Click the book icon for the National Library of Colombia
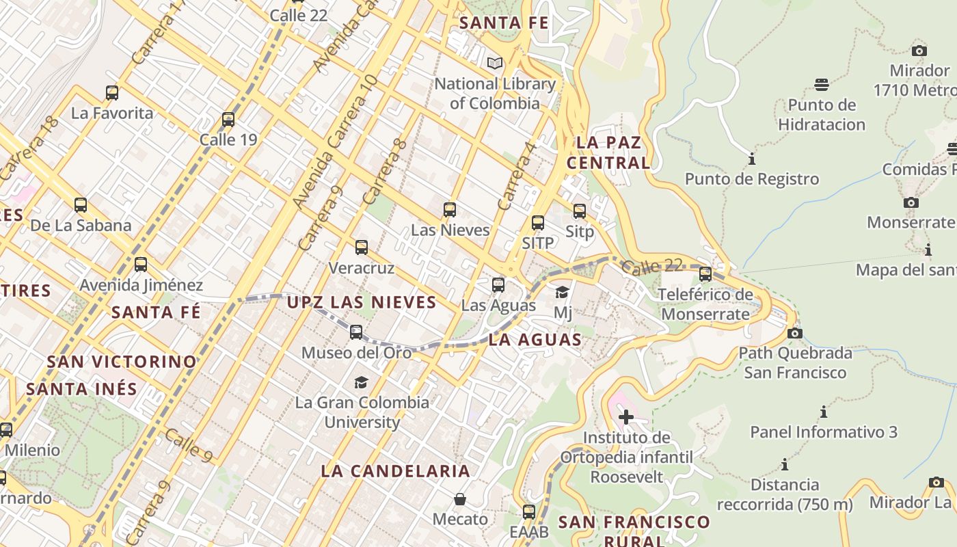tap(495, 64)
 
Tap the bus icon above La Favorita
tap(112, 92)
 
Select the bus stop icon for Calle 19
tap(228, 120)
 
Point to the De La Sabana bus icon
tap(81, 204)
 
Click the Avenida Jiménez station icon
tap(141, 264)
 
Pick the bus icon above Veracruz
tap(362, 247)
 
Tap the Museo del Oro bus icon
tap(356, 332)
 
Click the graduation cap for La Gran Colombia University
tap(361, 382)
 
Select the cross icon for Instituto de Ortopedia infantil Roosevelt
tap(626, 416)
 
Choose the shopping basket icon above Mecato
tap(460, 499)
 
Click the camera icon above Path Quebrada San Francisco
tap(795, 333)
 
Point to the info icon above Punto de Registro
tap(752, 159)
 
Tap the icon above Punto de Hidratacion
tap(822, 85)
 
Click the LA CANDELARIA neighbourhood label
tap(395, 470)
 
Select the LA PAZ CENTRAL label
tap(608, 152)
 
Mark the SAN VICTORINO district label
tap(122, 361)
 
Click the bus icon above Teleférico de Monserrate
tap(705, 274)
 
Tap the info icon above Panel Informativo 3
tap(824, 412)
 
